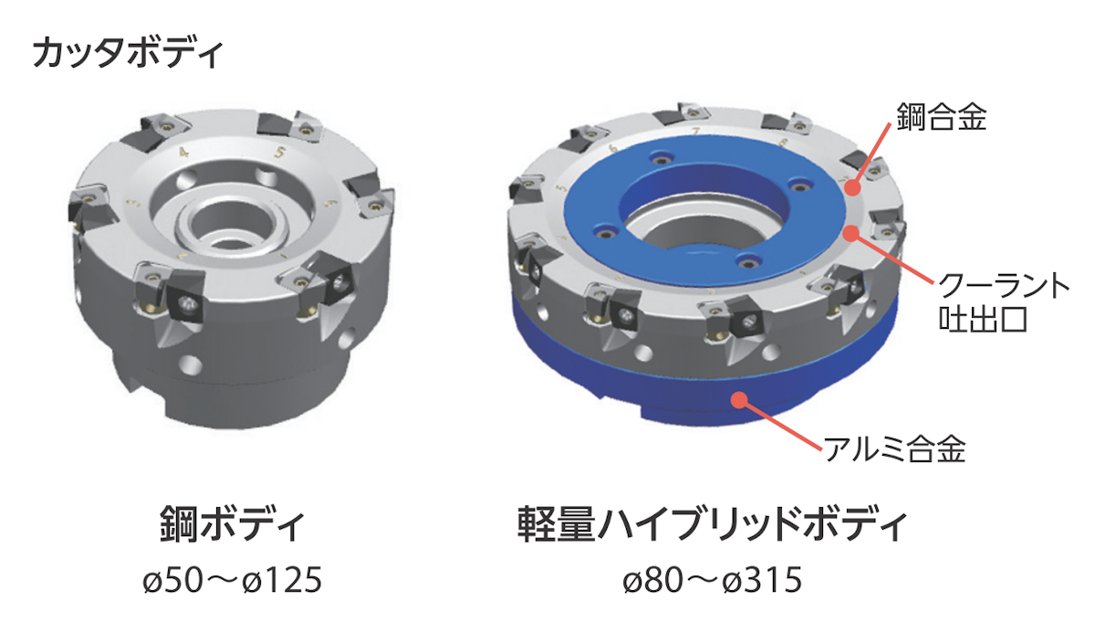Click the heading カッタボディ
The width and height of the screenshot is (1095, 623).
[x=128, y=52]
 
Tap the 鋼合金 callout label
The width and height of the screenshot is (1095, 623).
[x=942, y=117]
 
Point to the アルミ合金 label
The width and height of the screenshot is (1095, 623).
[x=895, y=449]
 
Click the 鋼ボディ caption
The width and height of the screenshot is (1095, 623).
[x=233, y=524]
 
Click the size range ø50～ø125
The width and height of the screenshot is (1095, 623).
[x=233, y=580]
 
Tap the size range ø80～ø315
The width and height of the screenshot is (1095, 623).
[x=713, y=580]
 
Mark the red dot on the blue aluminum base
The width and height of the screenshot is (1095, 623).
[x=740, y=400]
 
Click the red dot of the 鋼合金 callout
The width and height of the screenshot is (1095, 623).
[x=853, y=187]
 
